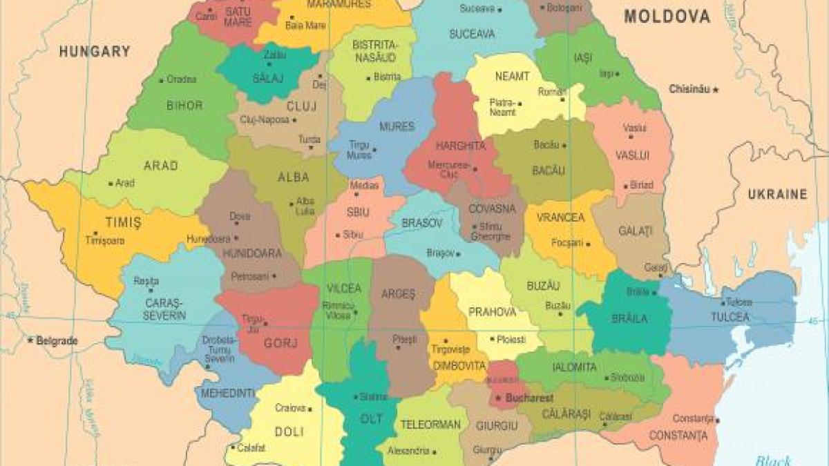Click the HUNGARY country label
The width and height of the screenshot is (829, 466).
tap(95, 51)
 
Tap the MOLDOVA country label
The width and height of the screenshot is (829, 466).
tap(667, 17)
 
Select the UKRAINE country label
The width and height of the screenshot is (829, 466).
tap(777, 195)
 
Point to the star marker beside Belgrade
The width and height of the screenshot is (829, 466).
tap(30, 340)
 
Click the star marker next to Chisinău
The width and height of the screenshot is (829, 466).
tap(716, 89)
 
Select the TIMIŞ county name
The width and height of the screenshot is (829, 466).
tap(123, 222)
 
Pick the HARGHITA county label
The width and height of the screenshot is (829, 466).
tap(460, 146)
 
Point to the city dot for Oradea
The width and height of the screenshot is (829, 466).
tap(162, 80)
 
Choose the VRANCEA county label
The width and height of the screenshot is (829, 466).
tap(560, 217)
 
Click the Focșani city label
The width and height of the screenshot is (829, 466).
tap(567, 243)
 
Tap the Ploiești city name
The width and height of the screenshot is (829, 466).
tap(511, 340)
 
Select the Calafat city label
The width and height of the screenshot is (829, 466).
tap(251, 447)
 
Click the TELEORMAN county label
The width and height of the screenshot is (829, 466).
tap(430, 425)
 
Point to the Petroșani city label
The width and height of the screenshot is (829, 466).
tap(249, 276)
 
